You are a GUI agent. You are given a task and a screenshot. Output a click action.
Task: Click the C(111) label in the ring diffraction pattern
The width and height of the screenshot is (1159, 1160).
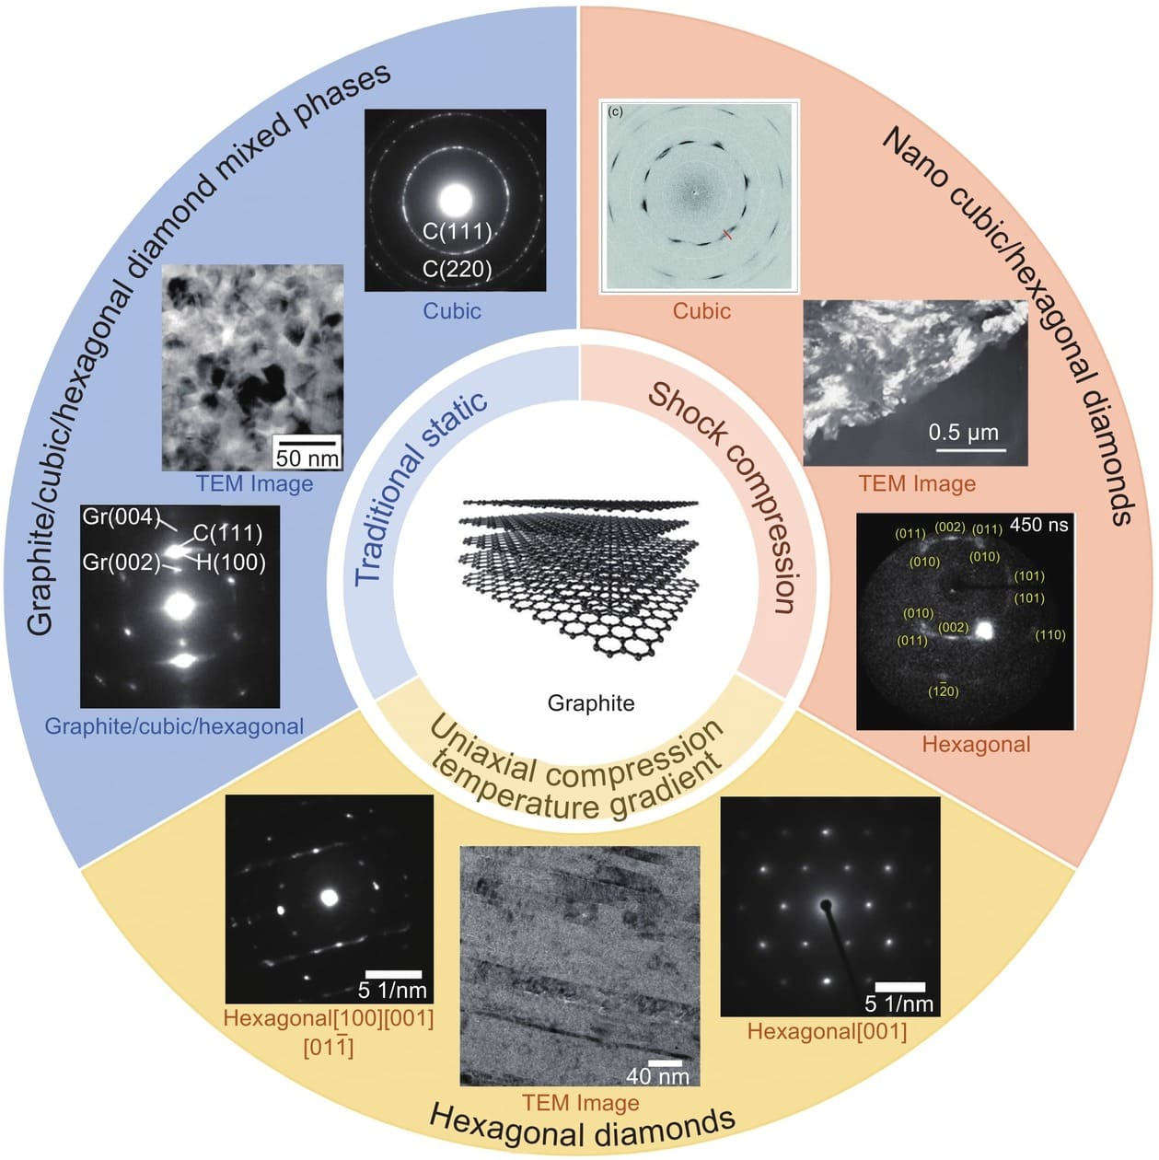pyautogui.click(x=458, y=231)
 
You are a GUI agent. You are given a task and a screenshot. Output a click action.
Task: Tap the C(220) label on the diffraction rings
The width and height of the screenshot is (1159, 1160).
pyautogui.click(x=458, y=269)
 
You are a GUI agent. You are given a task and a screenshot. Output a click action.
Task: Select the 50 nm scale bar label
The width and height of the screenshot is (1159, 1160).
pyautogui.click(x=307, y=458)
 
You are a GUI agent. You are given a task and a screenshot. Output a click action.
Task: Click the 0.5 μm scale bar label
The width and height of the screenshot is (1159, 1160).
pyautogui.click(x=963, y=433)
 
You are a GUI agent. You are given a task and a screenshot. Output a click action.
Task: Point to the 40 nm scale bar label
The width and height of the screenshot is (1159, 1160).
pyautogui.click(x=657, y=1075)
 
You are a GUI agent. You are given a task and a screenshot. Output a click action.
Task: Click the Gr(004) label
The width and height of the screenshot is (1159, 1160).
pyautogui.click(x=122, y=516)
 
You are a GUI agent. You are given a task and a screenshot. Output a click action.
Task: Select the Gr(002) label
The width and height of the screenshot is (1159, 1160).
pyautogui.click(x=122, y=562)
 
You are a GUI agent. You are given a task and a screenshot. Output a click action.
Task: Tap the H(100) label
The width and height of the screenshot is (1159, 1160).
pyautogui.click(x=230, y=562)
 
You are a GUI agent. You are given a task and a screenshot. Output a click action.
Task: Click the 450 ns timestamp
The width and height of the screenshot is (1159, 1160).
pyautogui.click(x=1039, y=525)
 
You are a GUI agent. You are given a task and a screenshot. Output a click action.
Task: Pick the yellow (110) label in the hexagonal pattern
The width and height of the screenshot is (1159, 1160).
pyautogui.click(x=1049, y=635)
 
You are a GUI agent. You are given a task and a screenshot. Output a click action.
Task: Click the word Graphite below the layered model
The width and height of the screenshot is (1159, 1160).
pyautogui.click(x=591, y=703)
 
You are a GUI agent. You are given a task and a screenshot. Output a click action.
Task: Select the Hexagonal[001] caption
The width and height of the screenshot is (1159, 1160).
pyautogui.click(x=827, y=1031)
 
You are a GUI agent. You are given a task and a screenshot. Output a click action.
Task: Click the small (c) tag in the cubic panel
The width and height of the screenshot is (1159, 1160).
pyautogui.click(x=615, y=111)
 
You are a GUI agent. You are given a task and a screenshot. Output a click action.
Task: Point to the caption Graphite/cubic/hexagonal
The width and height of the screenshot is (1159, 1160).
pyautogui.click(x=174, y=726)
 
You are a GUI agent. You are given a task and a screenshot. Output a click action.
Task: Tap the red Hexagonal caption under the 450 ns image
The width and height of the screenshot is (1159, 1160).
pyautogui.click(x=976, y=744)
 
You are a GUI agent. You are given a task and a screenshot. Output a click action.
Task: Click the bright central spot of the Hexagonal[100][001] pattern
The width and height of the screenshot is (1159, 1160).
pyautogui.click(x=329, y=897)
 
